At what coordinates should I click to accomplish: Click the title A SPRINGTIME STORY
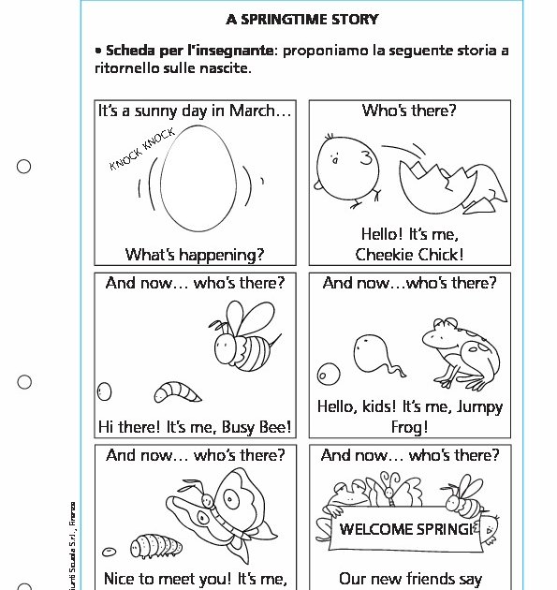(x=302, y=19)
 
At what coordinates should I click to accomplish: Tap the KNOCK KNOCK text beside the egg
(x=141, y=150)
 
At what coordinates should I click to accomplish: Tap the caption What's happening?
(x=195, y=255)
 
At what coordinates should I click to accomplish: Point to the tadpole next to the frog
(x=374, y=354)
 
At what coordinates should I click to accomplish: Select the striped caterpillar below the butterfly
(x=150, y=544)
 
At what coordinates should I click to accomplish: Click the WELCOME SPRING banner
(x=406, y=529)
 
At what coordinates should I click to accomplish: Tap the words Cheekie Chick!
(x=409, y=254)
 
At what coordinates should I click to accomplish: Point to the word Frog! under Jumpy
(x=409, y=426)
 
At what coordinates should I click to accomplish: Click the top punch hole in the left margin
(x=24, y=167)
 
